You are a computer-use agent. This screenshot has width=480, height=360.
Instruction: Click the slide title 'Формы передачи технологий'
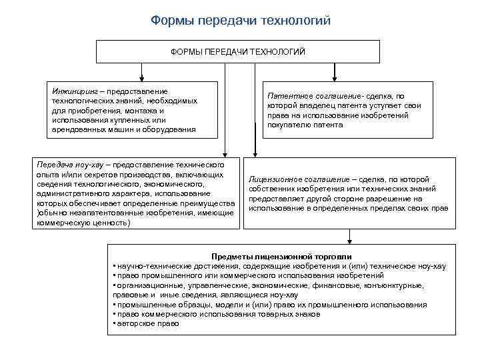(240, 21)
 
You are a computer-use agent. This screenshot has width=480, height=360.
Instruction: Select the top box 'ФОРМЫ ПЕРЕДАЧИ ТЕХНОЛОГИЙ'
(238, 51)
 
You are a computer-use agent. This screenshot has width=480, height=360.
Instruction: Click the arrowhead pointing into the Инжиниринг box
(140, 77)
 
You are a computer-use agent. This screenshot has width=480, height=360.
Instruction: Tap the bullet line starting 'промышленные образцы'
(270, 305)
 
